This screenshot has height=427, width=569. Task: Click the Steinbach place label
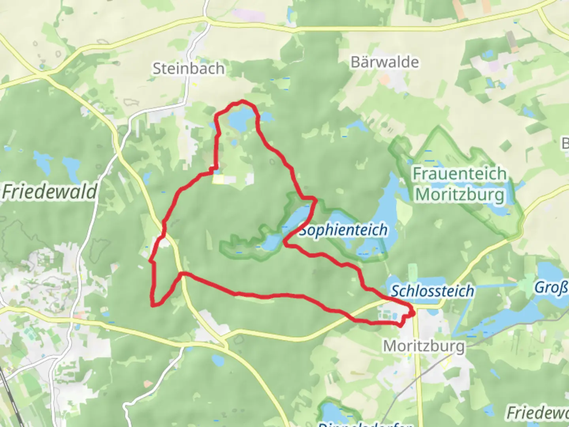tap(188, 69)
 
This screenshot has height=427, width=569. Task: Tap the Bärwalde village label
tap(384, 62)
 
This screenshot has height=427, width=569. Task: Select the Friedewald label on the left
tap(49, 192)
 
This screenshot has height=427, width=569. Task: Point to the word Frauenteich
tap(460, 174)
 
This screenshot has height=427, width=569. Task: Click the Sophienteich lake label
tap(343, 230)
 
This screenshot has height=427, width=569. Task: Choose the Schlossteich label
tap(432, 291)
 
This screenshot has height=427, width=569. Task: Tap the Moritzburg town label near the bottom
tap(424, 346)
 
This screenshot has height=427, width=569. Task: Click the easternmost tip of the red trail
tap(414, 314)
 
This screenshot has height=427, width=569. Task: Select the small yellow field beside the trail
tap(218, 179)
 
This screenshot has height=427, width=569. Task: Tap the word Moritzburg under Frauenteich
tap(460, 195)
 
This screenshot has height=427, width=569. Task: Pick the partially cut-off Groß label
tap(551, 288)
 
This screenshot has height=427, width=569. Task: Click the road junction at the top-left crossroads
tap(42, 74)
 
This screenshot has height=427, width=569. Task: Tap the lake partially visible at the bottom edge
tap(332, 415)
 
